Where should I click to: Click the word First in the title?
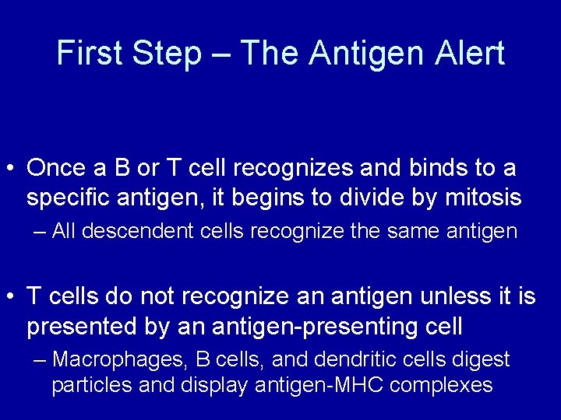coord(90,54)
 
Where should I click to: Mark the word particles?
coord(83,385)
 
